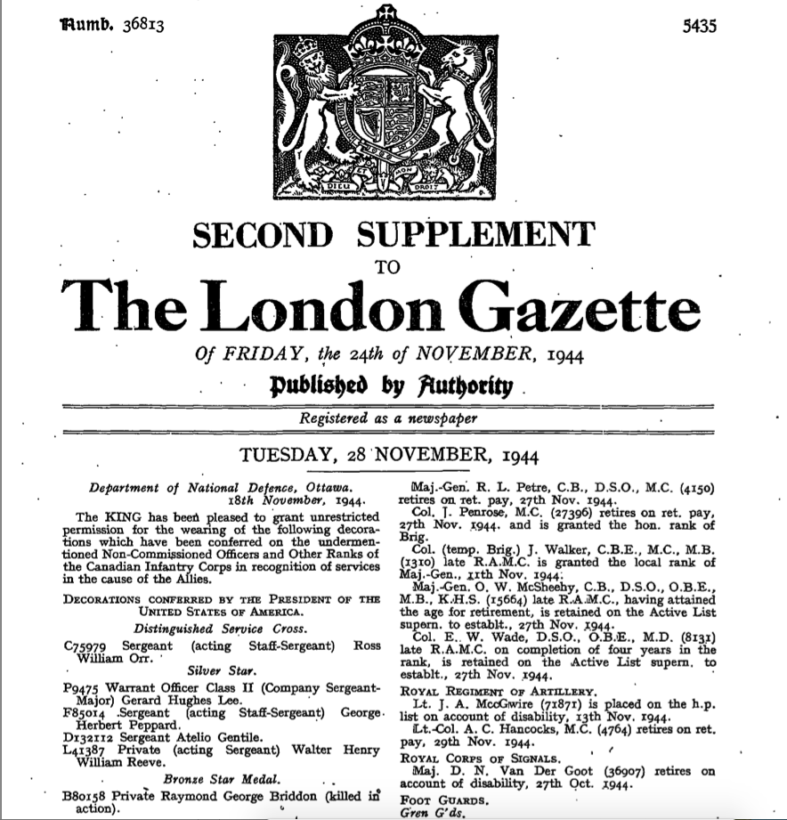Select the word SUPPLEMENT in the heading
476,235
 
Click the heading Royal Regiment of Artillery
484,691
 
